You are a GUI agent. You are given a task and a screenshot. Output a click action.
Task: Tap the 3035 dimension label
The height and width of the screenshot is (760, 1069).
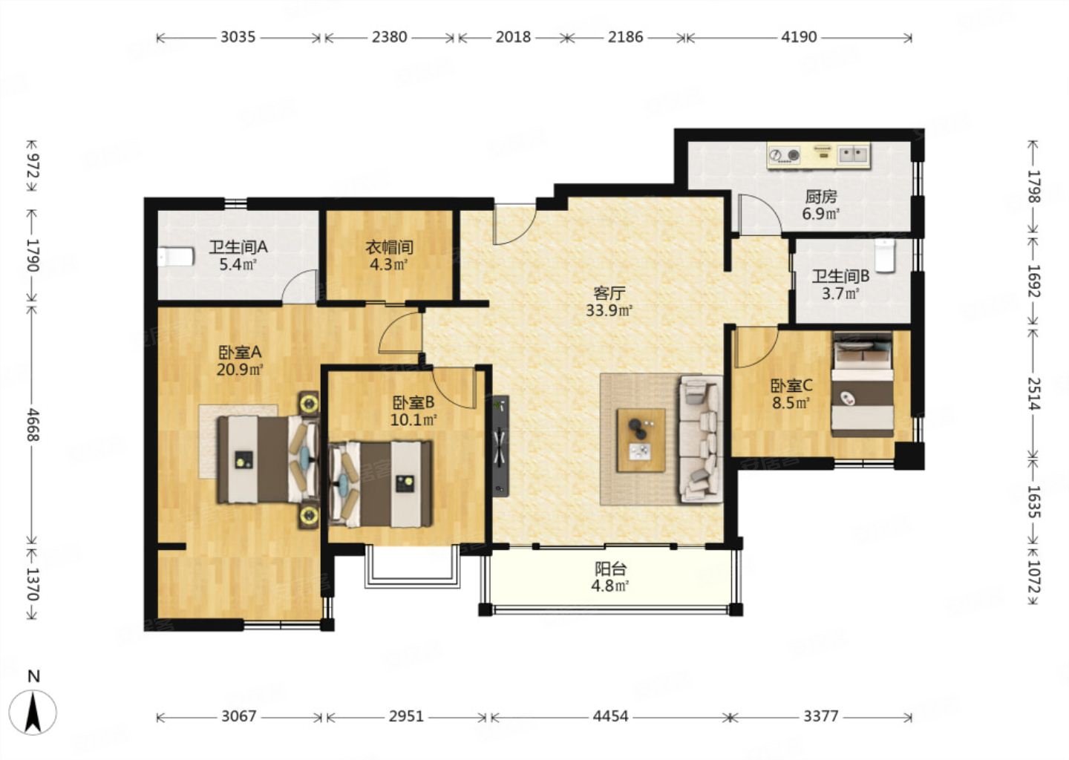(x=238, y=36)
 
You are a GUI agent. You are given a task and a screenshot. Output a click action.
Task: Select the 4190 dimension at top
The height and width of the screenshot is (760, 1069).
(x=799, y=36)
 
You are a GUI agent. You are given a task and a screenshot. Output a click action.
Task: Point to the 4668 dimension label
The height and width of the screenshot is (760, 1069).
(x=33, y=424)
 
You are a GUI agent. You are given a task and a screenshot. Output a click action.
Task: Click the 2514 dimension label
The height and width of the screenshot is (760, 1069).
(x=1033, y=393)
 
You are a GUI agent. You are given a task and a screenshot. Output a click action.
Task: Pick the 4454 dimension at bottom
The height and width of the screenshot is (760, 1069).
(x=610, y=716)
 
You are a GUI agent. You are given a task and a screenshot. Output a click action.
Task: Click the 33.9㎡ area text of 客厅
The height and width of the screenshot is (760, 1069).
(x=609, y=310)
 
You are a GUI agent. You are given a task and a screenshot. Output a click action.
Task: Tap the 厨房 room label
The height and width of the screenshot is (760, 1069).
(x=821, y=197)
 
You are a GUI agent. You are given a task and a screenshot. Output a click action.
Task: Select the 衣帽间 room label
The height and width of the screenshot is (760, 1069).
(x=390, y=247)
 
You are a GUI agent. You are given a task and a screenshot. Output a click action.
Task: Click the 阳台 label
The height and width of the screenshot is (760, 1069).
(x=610, y=569)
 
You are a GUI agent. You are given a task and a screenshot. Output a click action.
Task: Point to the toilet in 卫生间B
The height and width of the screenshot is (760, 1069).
(x=885, y=256)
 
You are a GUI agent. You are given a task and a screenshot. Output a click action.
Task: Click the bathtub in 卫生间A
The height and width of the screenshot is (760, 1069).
(x=176, y=257)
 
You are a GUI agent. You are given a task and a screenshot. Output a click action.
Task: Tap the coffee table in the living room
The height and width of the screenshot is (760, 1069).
(x=641, y=440)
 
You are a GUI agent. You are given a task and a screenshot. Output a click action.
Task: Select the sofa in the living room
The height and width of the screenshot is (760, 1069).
(x=701, y=439)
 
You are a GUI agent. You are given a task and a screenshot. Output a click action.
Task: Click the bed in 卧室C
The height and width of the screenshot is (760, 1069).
(x=863, y=384)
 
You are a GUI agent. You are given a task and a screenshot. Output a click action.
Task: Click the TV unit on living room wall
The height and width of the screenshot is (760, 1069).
(x=500, y=446)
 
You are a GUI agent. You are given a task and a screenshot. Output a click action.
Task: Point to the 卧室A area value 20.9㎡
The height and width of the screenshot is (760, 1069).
(x=240, y=370)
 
